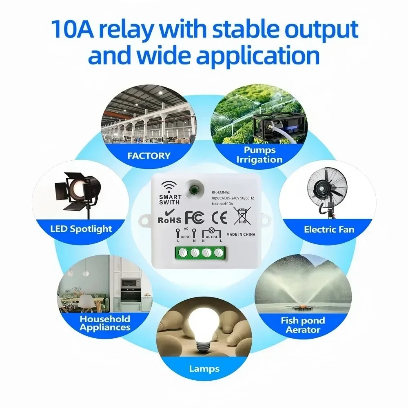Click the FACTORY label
149,155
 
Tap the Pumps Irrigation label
259,155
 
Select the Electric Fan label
329,229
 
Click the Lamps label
204,369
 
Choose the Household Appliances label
105,323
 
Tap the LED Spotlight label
81,228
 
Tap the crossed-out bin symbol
242,215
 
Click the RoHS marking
169,219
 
